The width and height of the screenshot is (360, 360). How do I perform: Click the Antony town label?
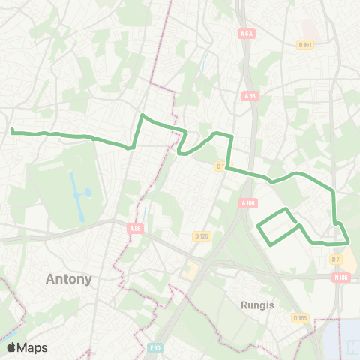click(69, 279)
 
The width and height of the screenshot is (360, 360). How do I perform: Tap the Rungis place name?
click(257, 305)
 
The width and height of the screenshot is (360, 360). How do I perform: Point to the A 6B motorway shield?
click(250, 96)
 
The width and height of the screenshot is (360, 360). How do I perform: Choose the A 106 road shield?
click(249, 203)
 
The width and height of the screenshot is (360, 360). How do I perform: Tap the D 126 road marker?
click(200, 236)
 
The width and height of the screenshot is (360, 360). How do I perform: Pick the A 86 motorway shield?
click(135, 228)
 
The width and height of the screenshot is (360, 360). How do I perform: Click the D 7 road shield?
click(335, 259)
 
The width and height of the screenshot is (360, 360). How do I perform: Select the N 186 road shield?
click(341, 277)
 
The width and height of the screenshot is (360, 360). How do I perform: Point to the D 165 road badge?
click(300, 317)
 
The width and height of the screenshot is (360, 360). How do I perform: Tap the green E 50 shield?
click(155, 347)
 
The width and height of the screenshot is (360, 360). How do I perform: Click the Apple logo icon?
click(11, 347)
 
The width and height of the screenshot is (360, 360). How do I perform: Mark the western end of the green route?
click(13, 131)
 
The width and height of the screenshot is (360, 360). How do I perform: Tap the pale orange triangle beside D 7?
click(349, 259)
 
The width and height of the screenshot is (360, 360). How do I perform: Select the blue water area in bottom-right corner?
click(343, 337)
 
